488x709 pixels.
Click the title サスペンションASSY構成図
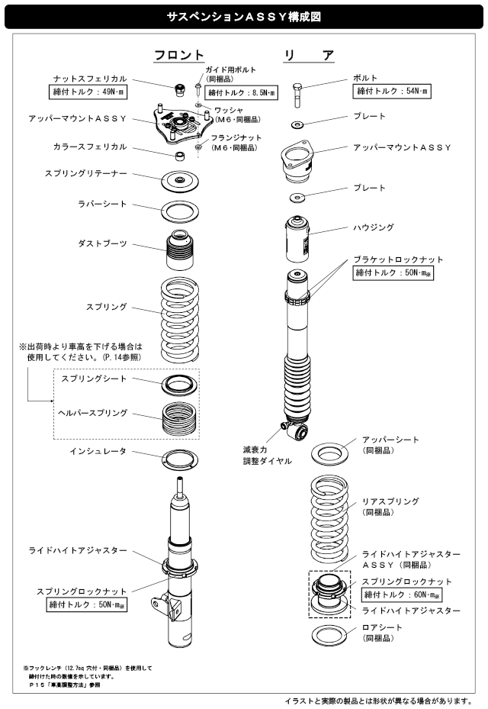point(243,15)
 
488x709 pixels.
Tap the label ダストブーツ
point(102,243)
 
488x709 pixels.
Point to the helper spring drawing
point(180,419)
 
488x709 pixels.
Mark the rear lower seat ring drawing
point(329,634)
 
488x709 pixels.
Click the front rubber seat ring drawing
point(180,208)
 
